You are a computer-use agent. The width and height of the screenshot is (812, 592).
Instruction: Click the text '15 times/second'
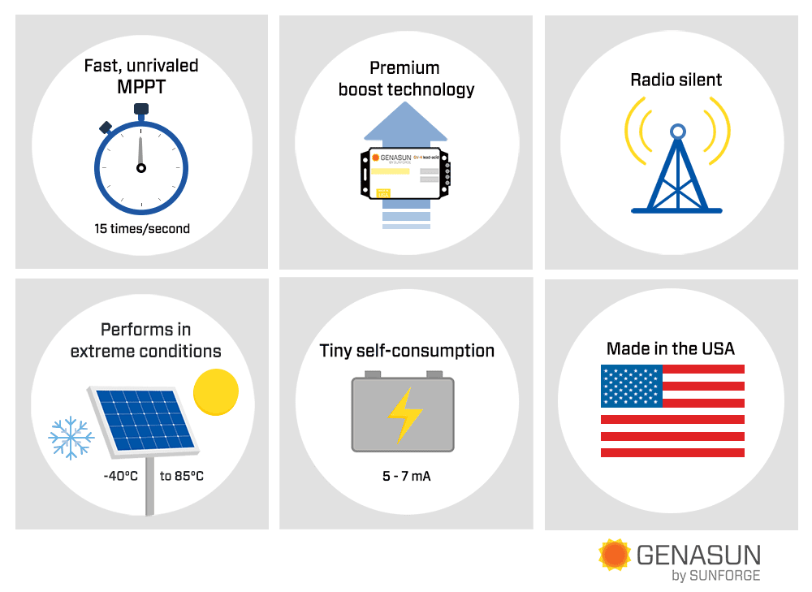(141, 229)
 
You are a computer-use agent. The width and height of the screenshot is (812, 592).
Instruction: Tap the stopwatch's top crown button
(141, 109)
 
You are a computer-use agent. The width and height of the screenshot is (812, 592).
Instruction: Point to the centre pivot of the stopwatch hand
(141, 168)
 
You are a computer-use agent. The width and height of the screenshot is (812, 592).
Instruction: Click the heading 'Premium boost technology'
(406, 79)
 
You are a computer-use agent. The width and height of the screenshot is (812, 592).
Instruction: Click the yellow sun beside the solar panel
(216, 391)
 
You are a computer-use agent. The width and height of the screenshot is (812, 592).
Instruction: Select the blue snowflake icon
(71, 437)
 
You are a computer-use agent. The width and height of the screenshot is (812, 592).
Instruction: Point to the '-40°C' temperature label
(120, 476)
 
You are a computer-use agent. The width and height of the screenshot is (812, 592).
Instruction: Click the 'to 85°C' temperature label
(182, 476)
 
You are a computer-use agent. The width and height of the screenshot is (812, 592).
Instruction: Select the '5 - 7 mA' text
(406, 476)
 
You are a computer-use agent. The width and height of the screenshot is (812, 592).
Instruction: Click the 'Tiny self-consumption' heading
(407, 351)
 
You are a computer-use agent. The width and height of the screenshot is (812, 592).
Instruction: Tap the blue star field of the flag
(632, 386)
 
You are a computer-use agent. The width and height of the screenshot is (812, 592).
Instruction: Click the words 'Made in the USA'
(671, 348)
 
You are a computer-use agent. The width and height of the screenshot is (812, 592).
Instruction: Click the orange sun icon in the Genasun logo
(615, 555)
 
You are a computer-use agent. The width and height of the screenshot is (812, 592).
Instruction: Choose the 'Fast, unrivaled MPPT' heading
(141, 76)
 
